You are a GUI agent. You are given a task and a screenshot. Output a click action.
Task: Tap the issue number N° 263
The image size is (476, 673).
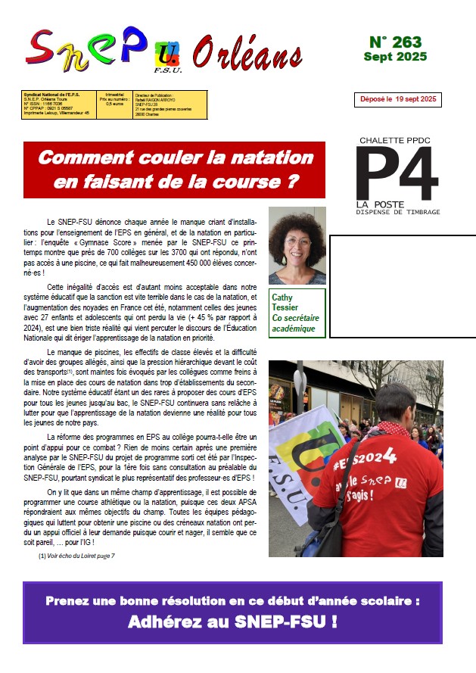click(x=394, y=42)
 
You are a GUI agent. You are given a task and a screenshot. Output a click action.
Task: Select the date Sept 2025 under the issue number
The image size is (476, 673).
click(x=394, y=57)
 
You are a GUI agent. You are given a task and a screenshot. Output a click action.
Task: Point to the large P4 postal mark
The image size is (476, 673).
click(x=397, y=173)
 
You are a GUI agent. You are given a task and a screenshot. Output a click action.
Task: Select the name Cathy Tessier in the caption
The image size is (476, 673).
click(x=296, y=302)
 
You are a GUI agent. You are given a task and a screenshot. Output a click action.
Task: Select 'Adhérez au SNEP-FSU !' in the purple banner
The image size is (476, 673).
click(x=232, y=623)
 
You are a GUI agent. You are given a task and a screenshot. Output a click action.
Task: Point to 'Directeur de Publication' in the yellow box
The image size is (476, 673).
click(x=154, y=97)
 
